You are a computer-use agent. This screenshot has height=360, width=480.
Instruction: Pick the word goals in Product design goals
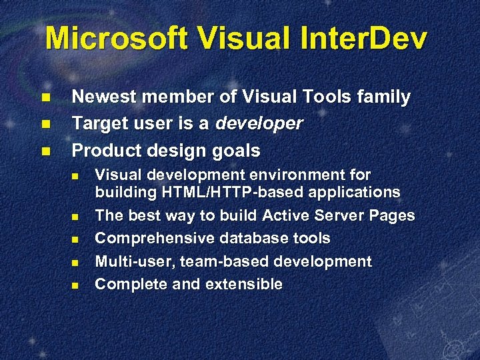coord(235,151)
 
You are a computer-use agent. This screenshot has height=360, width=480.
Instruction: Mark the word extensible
coord(244,284)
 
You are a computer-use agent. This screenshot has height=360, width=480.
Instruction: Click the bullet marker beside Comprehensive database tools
coord(75,239)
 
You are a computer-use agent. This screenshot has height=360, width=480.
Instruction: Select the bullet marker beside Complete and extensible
coord(75,285)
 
